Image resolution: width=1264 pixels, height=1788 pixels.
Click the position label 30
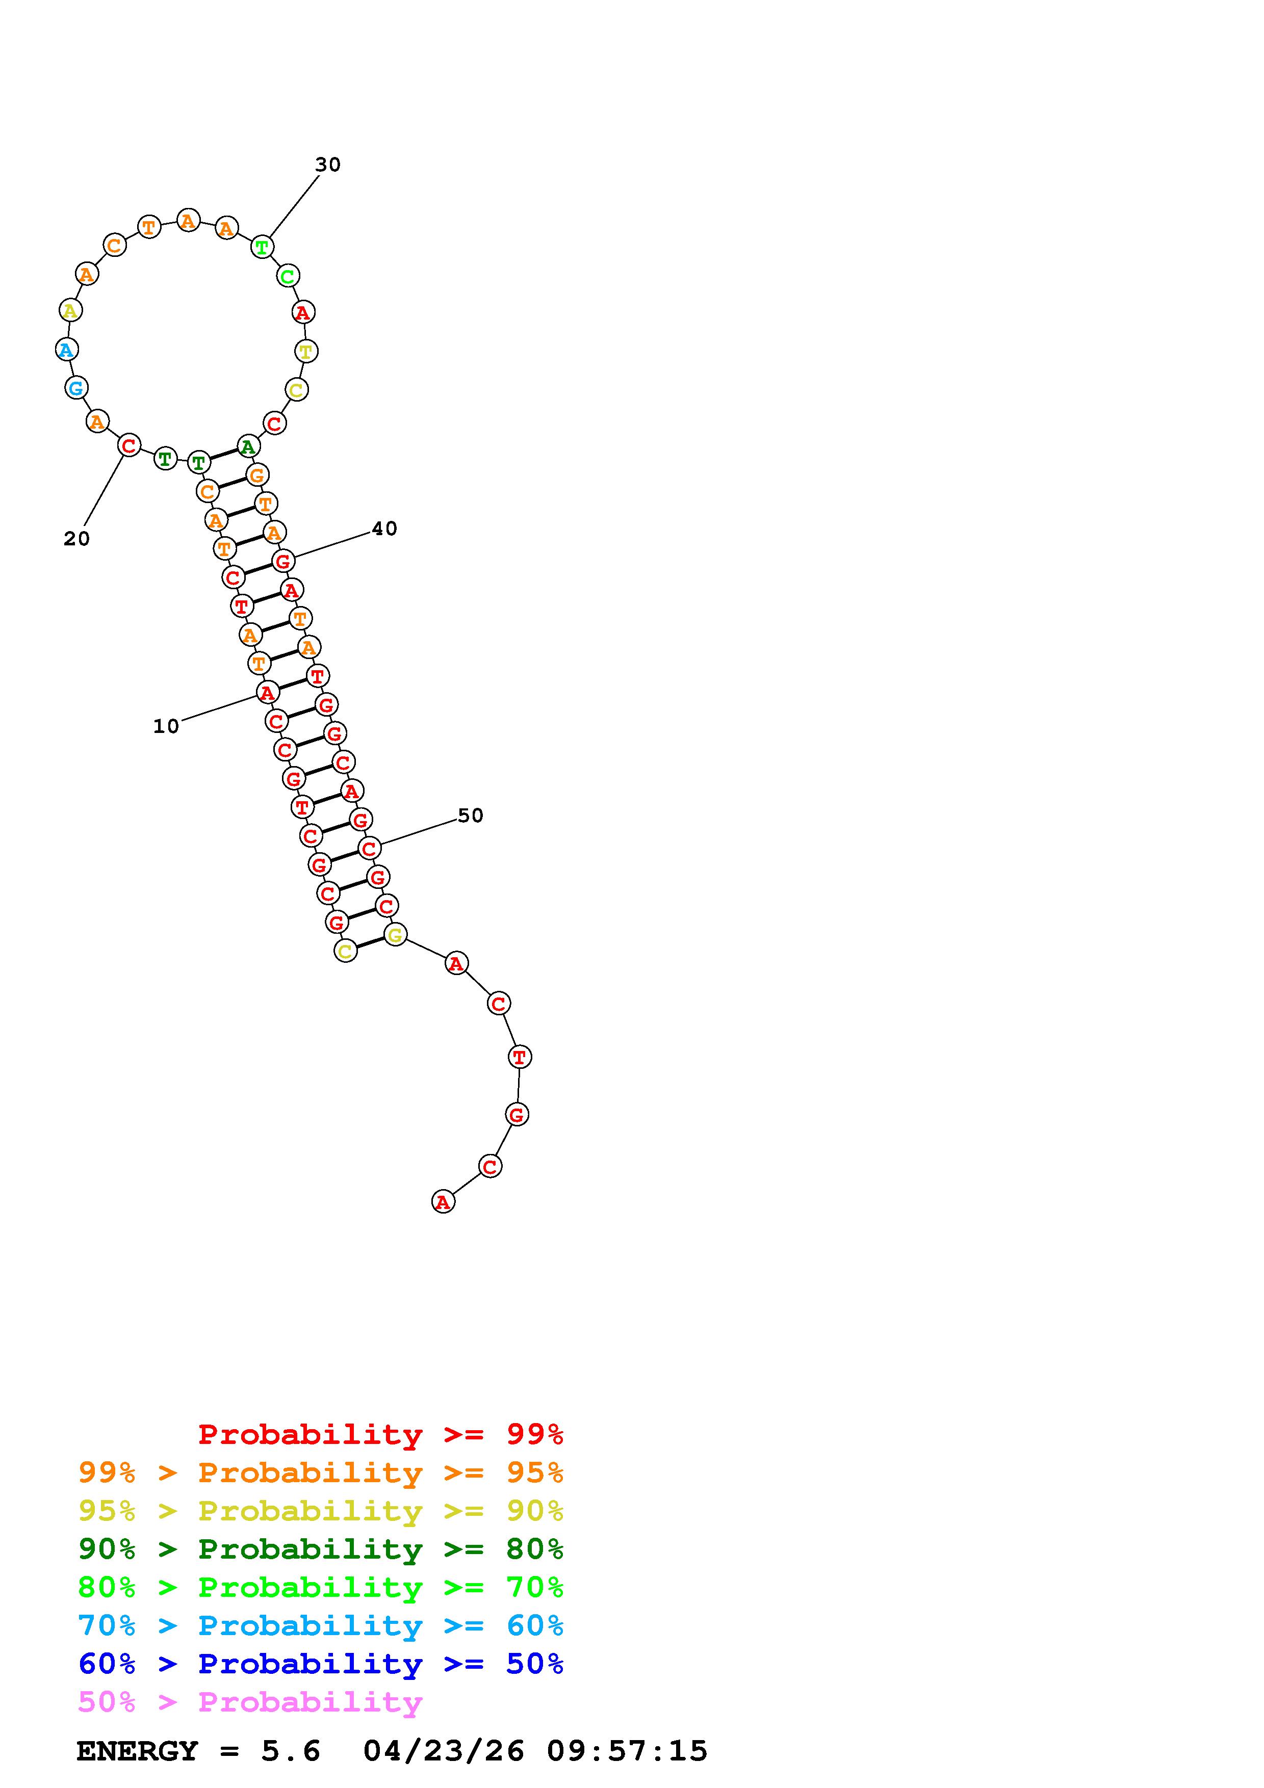[x=328, y=164]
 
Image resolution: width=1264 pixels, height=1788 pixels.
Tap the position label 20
[x=76, y=539]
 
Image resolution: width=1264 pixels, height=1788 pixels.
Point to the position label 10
[x=166, y=727]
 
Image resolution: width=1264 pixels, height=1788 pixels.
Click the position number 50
[x=471, y=816]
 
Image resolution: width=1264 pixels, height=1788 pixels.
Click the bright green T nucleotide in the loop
[x=263, y=248]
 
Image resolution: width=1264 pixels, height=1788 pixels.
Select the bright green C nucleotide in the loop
[x=288, y=276]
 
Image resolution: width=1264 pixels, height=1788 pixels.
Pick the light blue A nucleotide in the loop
[x=67, y=350]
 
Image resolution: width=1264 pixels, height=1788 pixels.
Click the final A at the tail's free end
[x=443, y=1202]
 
